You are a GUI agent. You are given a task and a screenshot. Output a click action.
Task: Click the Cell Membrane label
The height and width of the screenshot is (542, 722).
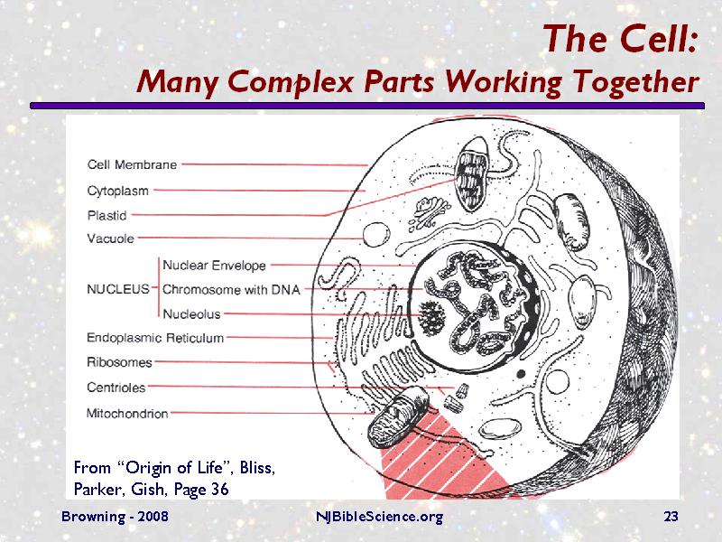pyautogui.click(x=132, y=164)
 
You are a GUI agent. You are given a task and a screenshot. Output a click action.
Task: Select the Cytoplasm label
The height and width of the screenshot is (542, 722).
pyautogui.click(x=118, y=191)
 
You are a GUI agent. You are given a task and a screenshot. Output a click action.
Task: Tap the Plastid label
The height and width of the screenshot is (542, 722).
pyautogui.click(x=106, y=215)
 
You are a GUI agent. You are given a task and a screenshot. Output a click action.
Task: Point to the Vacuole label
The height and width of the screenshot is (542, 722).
pyautogui.click(x=110, y=239)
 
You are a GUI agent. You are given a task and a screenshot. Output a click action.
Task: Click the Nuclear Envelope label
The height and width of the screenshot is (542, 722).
pyautogui.click(x=214, y=266)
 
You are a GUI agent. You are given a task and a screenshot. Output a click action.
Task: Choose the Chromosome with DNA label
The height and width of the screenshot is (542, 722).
pyautogui.click(x=231, y=290)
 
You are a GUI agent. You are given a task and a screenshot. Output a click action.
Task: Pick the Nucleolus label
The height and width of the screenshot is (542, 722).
pyautogui.click(x=191, y=313)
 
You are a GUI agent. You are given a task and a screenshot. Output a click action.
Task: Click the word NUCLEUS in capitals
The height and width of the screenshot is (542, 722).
pyautogui.click(x=117, y=290)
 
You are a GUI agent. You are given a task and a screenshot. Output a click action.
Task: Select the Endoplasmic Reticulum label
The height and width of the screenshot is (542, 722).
pyautogui.click(x=155, y=338)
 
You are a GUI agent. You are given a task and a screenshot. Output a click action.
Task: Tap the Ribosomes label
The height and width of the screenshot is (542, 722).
pyautogui.click(x=119, y=362)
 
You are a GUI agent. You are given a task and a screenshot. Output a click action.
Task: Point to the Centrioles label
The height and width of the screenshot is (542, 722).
pyautogui.click(x=116, y=388)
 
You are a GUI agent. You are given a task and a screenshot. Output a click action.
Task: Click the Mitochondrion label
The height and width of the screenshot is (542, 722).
pyautogui.click(x=127, y=413)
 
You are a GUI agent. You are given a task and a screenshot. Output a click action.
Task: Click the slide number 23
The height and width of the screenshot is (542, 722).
pyautogui.click(x=670, y=517)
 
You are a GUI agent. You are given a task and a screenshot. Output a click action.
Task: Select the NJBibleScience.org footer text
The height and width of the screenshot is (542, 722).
pyautogui.click(x=379, y=517)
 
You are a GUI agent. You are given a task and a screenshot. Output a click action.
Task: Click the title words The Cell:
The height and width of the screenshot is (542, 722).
pyautogui.click(x=621, y=40)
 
